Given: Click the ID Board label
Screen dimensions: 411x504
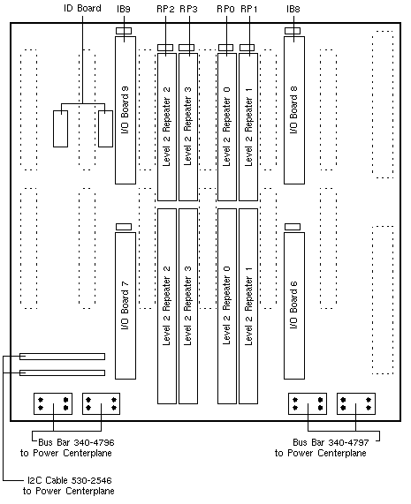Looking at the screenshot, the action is [x=82, y=8].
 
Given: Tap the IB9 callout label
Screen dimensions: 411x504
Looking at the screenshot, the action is [x=124, y=9].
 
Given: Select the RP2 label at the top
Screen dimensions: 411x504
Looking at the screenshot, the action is [x=165, y=9].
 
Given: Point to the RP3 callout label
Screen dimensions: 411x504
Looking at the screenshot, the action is [x=188, y=9].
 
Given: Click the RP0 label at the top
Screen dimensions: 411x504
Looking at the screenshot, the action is [x=225, y=9].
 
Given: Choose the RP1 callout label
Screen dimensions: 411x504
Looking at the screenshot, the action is [x=249, y=9].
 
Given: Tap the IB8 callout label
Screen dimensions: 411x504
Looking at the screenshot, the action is [x=293, y=9].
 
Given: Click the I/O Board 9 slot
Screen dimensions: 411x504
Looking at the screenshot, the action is [x=126, y=110].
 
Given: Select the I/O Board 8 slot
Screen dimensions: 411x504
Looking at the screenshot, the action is [x=294, y=110].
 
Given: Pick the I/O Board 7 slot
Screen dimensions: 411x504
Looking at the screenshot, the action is [x=126, y=305].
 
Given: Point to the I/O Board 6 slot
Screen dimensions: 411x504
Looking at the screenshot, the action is [x=294, y=305].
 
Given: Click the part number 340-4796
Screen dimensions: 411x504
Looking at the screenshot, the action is [x=94, y=442].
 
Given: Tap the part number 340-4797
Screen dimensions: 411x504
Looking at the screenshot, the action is [x=348, y=442].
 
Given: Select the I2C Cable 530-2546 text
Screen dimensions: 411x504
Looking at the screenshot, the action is [x=70, y=480].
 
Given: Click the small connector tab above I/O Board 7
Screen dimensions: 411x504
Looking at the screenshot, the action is [x=124, y=227].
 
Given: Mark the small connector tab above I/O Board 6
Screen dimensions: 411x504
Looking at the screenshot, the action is [x=293, y=227].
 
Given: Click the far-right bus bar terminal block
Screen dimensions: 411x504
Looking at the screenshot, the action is [x=356, y=403].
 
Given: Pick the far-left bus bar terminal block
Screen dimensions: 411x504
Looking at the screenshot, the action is [x=53, y=403].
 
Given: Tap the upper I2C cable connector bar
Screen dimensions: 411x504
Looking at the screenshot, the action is [x=62, y=357].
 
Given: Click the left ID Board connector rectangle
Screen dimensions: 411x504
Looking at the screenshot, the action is [x=60, y=129].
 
